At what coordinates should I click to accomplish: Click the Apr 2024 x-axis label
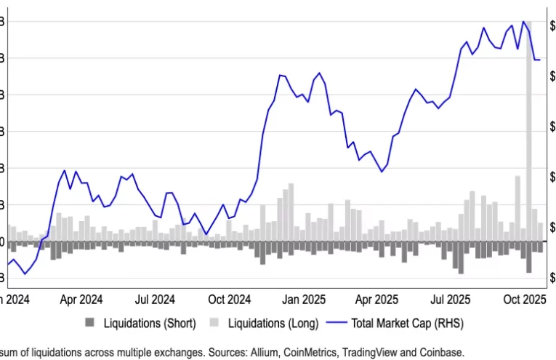coord(81,299)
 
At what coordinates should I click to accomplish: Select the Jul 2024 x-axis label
coord(155,299)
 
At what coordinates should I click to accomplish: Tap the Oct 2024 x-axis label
coord(230,299)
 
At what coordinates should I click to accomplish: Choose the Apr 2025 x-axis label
coord(377,299)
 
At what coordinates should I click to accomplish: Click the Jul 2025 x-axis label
coord(451,299)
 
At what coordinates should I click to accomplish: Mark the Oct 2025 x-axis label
coord(525,299)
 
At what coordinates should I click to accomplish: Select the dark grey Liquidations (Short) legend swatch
coord(90,322)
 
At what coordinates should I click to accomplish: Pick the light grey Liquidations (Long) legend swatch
coord(214,322)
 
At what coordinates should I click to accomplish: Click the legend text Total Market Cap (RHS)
coord(407,322)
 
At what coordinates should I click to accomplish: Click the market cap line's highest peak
coord(523,22)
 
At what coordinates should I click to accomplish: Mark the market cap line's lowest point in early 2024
coord(25,273)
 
